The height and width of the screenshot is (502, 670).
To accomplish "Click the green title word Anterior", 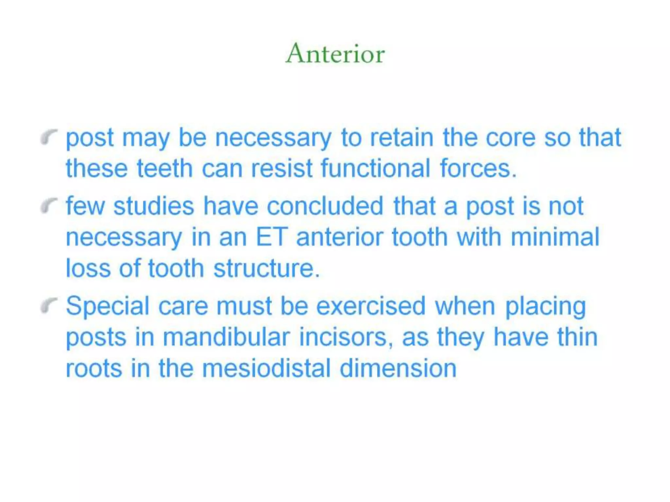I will [335, 53].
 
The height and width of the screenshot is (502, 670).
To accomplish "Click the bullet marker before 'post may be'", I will [49, 137].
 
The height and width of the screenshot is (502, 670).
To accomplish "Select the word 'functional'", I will [375, 168].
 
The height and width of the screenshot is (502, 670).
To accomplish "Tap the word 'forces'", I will [478, 168].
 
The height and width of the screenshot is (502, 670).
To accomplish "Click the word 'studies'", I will [154, 206].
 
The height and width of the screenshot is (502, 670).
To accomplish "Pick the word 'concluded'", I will [325, 206].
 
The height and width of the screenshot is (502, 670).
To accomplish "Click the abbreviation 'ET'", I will [272, 237].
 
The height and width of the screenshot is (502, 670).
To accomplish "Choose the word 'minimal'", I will [555, 237].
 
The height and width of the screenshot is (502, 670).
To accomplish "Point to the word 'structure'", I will [266, 268].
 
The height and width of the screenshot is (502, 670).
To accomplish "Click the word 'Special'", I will [108, 306].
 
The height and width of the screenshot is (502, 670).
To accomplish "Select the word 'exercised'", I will [371, 306].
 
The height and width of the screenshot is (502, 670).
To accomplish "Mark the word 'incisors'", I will [346, 337].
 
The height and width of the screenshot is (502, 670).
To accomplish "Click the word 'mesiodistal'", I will [267, 368].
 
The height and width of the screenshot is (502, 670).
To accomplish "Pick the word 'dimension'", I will [398, 368].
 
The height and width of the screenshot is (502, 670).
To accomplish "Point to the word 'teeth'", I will [165, 168].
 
